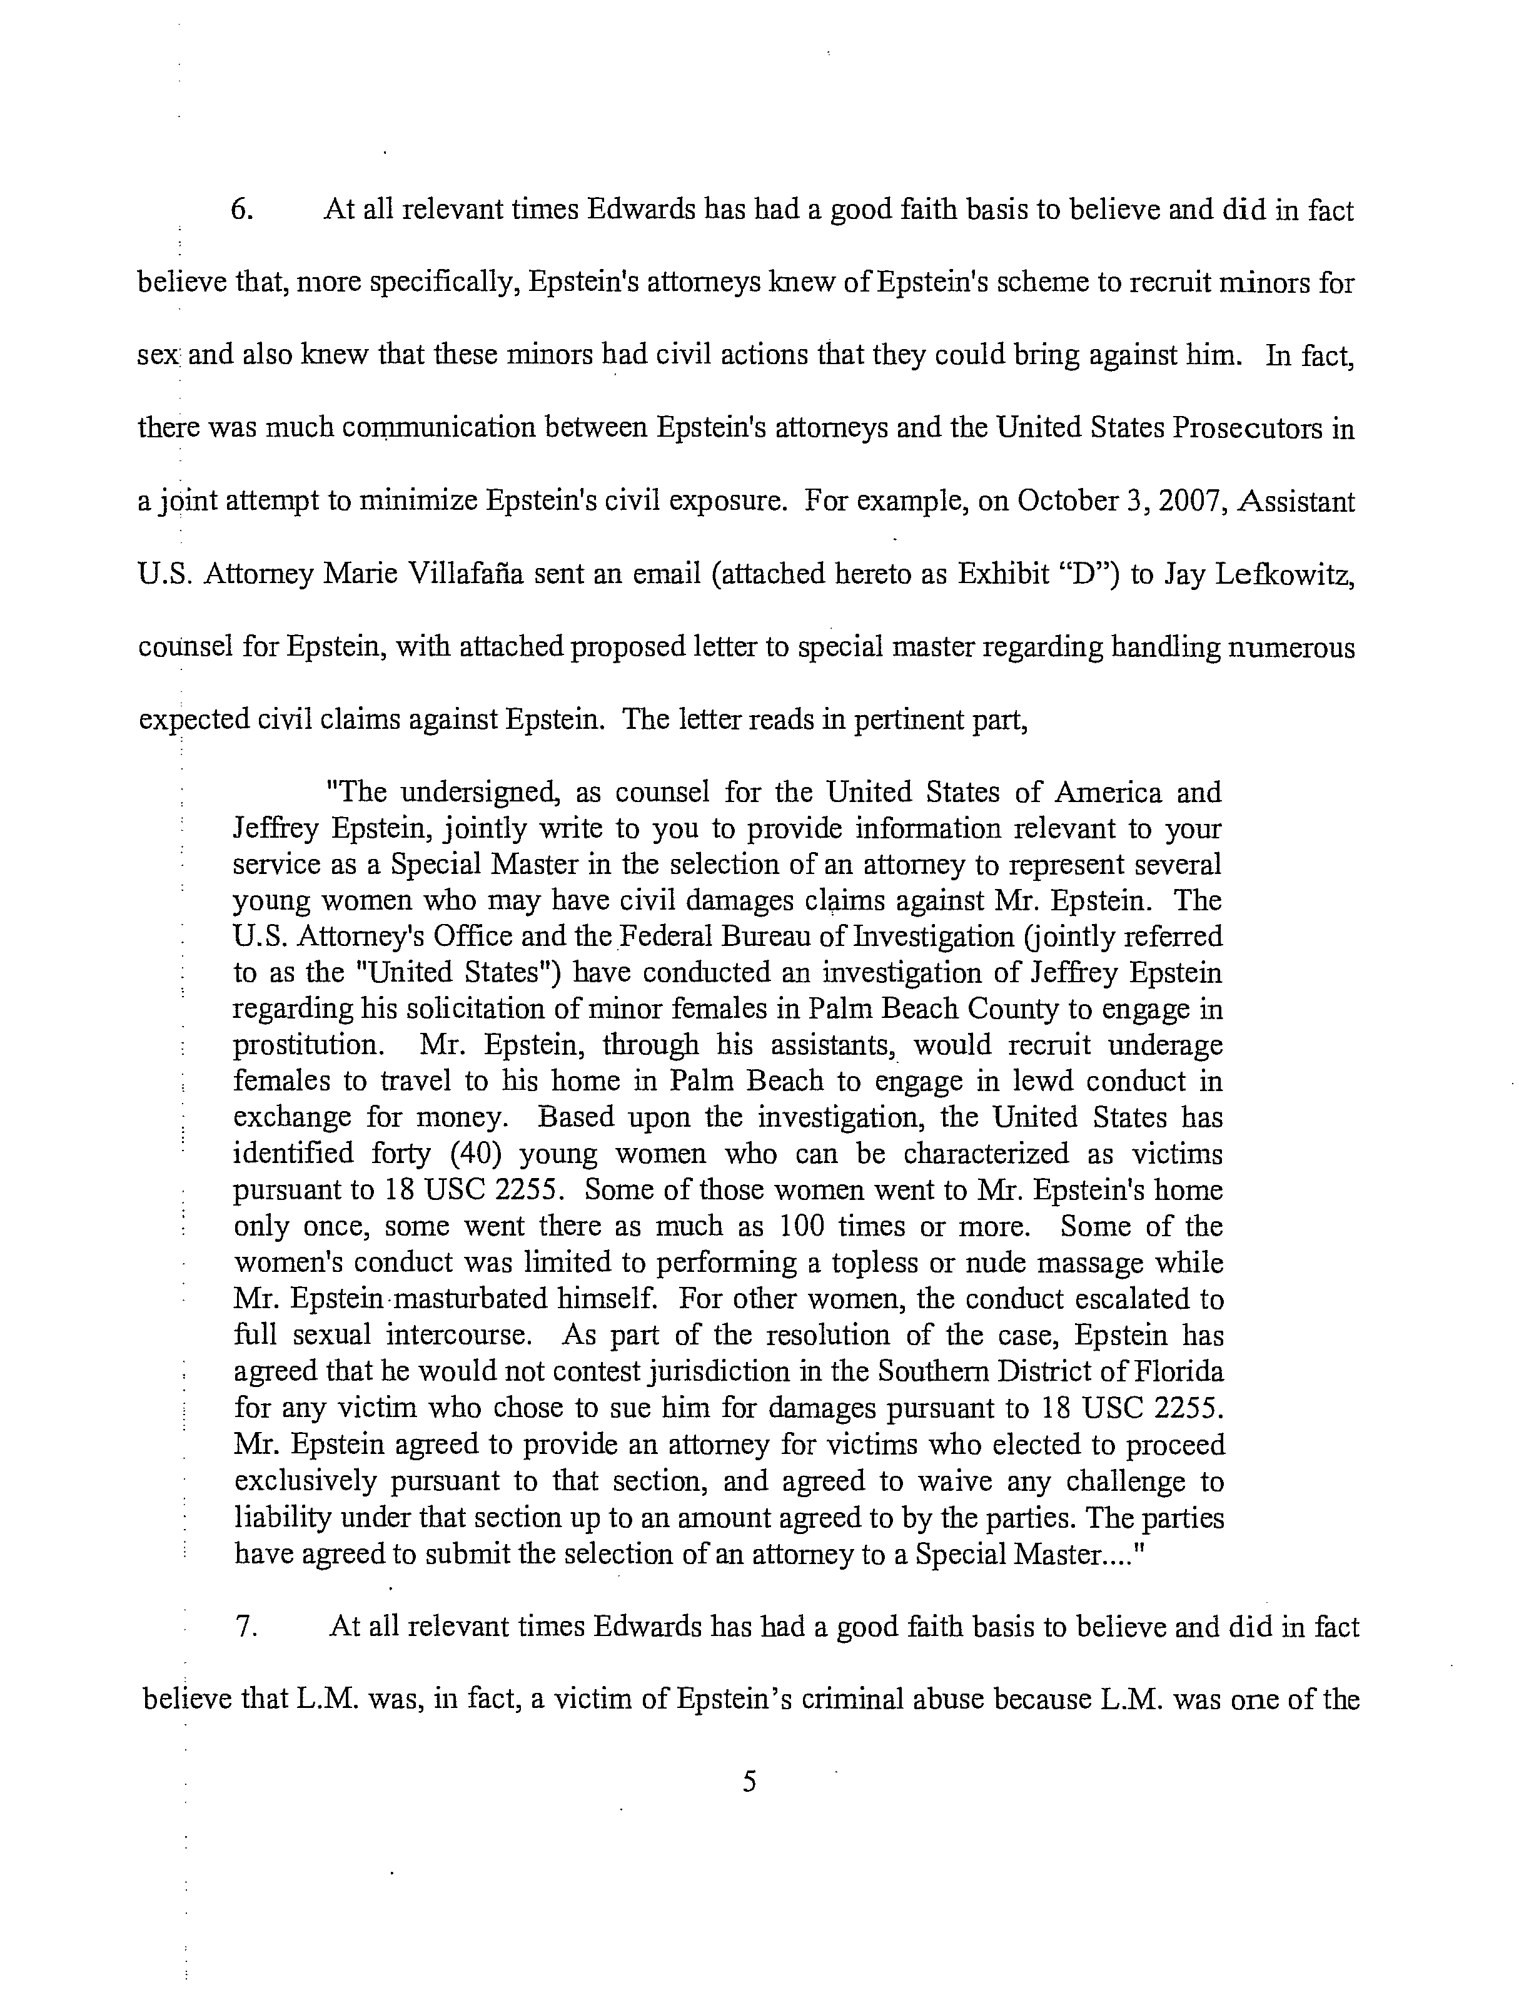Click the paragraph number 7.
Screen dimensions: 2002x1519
[247, 1627]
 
